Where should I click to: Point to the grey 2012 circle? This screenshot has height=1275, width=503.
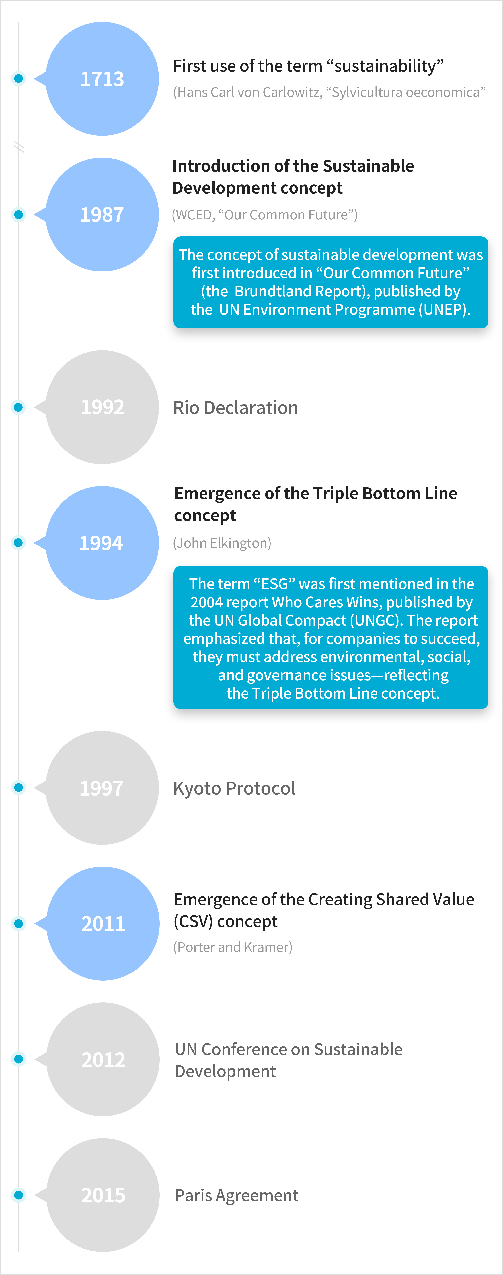pyautogui.click(x=103, y=1059)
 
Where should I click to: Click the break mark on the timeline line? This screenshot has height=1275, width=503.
pyautogui.click(x=19, y=147)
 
